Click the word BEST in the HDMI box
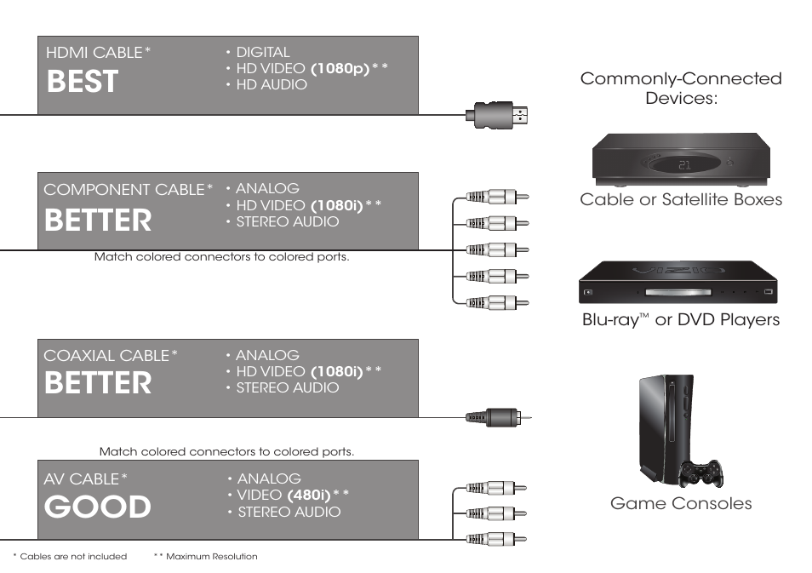pos(83,83)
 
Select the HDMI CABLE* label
pos(98,53)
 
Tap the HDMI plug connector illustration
pos(498,114)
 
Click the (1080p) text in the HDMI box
pos(340,69)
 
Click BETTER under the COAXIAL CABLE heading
pos(98,384)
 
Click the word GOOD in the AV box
pos(98,507)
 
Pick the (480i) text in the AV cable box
pos(309,496)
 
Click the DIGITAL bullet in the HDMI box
pos(261,53)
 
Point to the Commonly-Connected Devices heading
pos(680,88)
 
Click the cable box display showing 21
pos(683,164)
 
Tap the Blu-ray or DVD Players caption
pos(680,320)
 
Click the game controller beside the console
pos(700,473)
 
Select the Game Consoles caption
pos(681,503)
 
